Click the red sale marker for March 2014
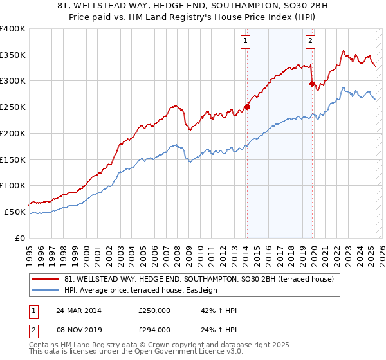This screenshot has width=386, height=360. (247, 107)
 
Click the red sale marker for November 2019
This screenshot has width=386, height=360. (312, 84)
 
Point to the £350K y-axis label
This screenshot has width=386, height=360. (13, 55)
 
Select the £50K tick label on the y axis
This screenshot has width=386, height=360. (15, 212)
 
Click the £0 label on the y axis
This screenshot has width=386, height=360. (21, 238)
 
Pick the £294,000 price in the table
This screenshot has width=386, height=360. (154, 330)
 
